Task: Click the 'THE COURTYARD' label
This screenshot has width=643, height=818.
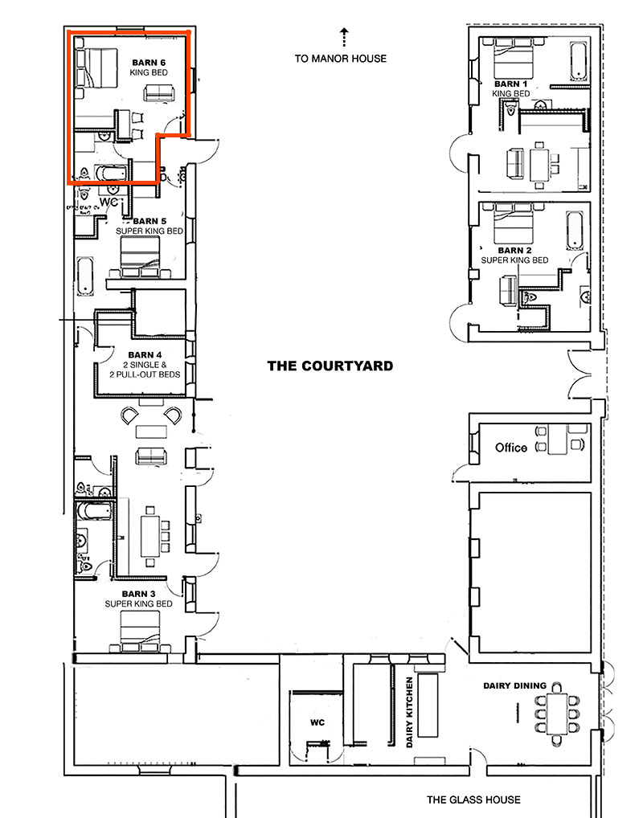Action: pos(330,366)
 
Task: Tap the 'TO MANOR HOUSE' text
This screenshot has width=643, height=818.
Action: pos(340,58)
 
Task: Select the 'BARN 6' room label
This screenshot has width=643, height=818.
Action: pos(149,62)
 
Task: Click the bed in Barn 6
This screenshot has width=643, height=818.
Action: pos(94,67)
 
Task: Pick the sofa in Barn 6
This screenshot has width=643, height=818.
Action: pos(158,93)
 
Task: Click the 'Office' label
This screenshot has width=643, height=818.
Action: pos(510,448)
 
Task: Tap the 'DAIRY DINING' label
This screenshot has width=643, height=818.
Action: pos(514,685)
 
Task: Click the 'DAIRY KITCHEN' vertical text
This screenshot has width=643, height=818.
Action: pos(409,712)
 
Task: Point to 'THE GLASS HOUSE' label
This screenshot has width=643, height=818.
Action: pos(473,800)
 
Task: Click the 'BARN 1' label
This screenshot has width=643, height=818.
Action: pos(511,84)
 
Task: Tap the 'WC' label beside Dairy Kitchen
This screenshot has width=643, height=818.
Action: pos(317,721)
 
